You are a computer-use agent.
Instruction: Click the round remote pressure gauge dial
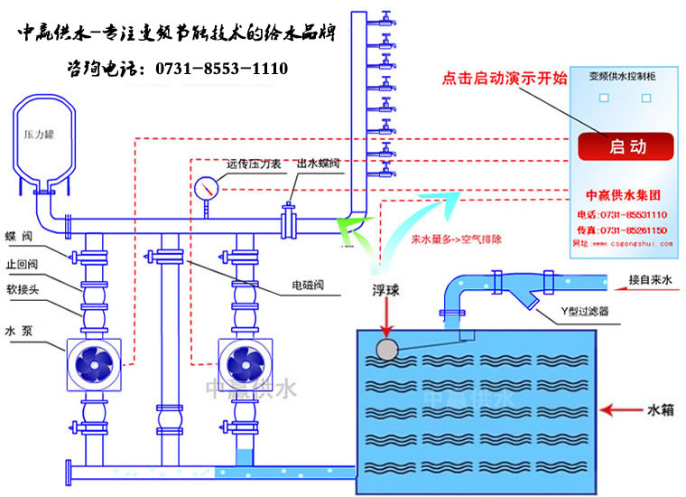pos(207,187)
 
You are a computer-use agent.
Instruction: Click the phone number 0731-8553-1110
pos(216,69)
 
